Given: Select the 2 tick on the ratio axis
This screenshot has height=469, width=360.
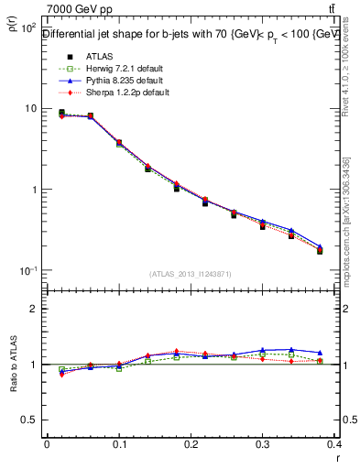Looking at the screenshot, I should (x=34, y=309).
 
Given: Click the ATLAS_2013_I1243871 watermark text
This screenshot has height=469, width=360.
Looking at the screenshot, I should (x=191, y=274).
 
